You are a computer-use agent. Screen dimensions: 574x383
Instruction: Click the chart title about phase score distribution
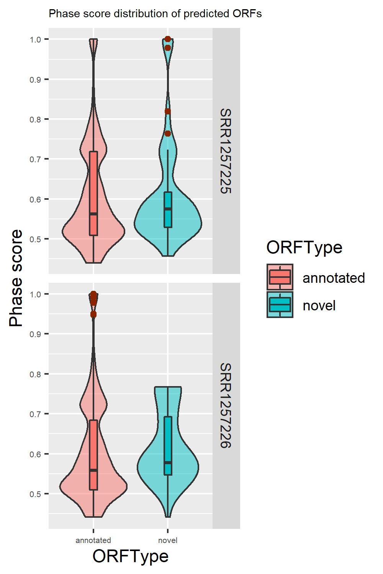pos(155,14)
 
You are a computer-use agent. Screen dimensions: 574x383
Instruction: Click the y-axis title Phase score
pos(16,278)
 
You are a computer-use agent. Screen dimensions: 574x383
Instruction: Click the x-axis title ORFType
pos(130,556)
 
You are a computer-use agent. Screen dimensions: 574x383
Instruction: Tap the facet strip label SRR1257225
pos(226,151)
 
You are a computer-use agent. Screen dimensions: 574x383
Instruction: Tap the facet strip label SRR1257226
pos(226,406)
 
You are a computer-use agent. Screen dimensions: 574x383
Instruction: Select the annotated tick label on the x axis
pos(93,540)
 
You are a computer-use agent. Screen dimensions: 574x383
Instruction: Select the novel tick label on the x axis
pos(168,540)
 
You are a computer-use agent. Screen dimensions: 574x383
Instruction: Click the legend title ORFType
pos(304,247)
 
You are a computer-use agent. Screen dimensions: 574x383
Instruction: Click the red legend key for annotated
pos(280,277)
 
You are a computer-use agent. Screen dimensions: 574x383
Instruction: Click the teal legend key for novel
pos(280,305)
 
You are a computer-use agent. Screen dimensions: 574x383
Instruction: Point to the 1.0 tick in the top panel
pos(35,39)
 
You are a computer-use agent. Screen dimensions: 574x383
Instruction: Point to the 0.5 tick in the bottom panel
pos(35,494)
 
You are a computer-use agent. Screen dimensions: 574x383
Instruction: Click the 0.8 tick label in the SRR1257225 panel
pos(35,119)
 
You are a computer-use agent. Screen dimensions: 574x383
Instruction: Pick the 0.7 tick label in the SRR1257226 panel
pos(35,414)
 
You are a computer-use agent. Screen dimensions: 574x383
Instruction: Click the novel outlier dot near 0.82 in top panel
pos(168,111)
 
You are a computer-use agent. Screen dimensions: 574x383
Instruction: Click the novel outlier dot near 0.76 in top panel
pos(168,134)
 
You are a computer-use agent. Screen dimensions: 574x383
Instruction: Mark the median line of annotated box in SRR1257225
pos(93,214)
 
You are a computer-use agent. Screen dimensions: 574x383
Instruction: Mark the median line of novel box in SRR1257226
pos(168,463)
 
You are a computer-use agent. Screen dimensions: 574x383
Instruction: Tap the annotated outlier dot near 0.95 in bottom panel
pos(93,315)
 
